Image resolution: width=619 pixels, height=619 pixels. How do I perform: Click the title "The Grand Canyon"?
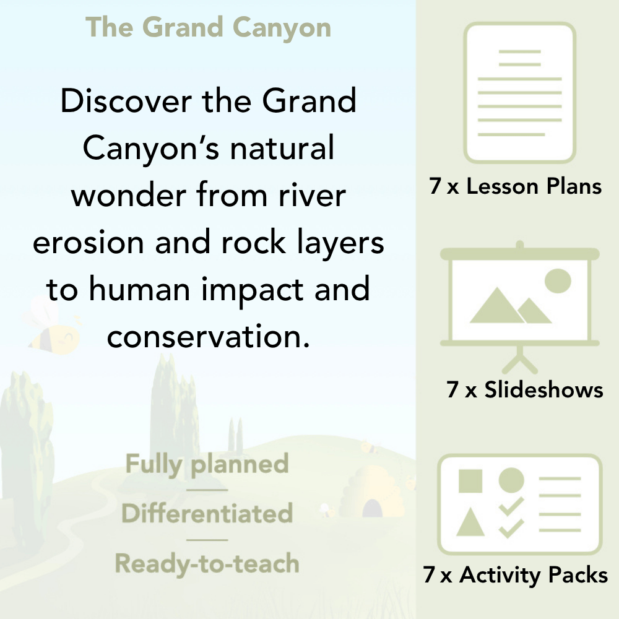point(209,28)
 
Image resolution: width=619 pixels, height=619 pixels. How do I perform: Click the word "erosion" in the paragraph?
point(87,242)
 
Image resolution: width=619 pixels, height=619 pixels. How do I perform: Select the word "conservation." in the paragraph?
point(208,337)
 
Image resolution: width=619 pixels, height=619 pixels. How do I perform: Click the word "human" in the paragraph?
point(158,290)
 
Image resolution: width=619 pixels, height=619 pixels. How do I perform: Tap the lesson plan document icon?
point(520,93)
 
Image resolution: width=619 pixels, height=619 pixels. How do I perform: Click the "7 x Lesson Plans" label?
point(516,187)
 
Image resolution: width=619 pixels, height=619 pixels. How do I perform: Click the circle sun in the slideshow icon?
point(557,280)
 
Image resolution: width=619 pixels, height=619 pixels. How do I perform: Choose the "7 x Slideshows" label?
point(524,390)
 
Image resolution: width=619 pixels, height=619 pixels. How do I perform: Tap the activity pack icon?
point(520,504)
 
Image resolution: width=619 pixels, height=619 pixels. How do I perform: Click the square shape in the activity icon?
point(470,481)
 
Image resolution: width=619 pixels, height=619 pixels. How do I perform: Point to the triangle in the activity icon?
point(470,523)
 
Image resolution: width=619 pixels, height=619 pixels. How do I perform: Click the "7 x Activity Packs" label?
point(516,576)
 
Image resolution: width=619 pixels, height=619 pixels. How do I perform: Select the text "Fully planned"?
point(207,464)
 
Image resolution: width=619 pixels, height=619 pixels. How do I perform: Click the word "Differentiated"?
point(207,514)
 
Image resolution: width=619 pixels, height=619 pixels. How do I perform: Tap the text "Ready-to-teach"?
point(207,564)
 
